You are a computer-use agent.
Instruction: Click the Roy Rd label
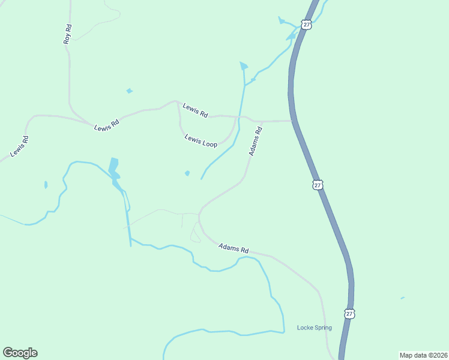tap(68, 34)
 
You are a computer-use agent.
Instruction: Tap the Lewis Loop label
tap(200, 140)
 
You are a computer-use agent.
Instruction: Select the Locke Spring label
tap(315, 328)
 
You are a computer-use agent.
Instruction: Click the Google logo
tap(20, 353)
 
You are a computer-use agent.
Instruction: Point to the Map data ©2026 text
tap(423, 355)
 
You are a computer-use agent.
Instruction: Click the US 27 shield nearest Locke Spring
tap(350, 313)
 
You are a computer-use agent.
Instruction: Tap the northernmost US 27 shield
tap(307, 25)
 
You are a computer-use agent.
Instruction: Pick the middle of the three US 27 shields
tap(318, 185)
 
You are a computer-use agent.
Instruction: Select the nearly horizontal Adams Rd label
tap(234, 247)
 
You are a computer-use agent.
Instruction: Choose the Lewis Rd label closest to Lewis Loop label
tap(196, 111)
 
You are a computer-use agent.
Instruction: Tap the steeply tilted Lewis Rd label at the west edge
tap(20, 148)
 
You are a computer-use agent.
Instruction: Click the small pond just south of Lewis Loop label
tap(187, 173)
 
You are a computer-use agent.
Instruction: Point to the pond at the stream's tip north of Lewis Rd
tap(243, 65)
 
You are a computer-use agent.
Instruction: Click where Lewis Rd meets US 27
tap(292, 121)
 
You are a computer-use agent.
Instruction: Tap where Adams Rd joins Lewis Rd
tap(262, 121)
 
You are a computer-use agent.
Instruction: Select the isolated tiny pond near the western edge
tap(46, 184)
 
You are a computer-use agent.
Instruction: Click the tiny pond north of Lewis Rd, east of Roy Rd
tap(129, 91)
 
